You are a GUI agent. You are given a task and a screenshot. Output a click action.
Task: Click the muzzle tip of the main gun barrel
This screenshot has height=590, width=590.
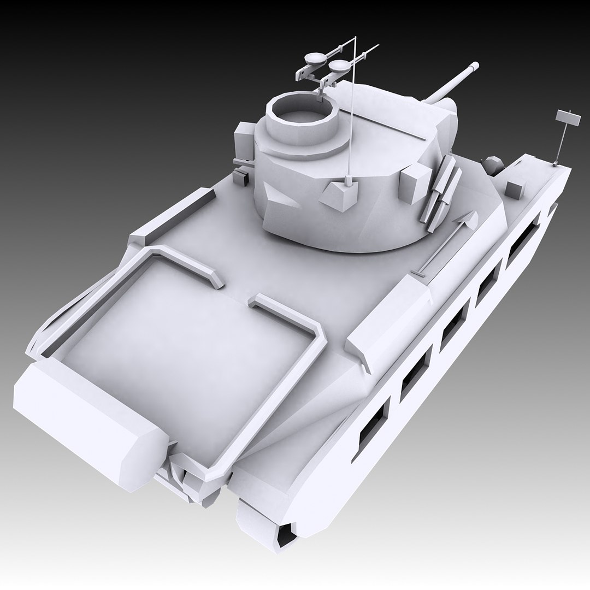pyautogui.click(x=473, y=67)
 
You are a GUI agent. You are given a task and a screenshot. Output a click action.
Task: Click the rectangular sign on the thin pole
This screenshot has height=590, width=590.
pyautogui.click(x=567, y=117)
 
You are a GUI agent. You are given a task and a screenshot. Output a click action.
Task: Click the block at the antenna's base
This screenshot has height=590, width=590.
pyautogui.click(x=341, y=196)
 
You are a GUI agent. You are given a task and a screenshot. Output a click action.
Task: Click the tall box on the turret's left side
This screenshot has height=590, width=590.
pyautogui.click(x=244, y=142)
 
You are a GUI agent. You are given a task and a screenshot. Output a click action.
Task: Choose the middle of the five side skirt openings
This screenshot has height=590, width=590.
pyautogui.click(x=453, y=326)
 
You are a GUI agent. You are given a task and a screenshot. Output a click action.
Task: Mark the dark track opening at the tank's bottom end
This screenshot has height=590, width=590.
pyautogui.click(x=286, y=535)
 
